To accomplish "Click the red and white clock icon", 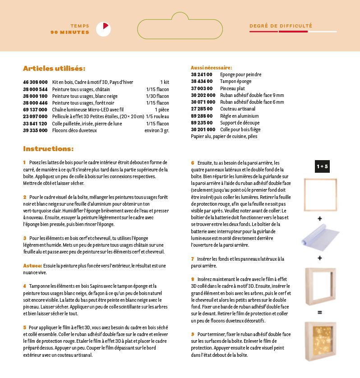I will [103, 29].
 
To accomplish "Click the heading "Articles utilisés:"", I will [54, 69].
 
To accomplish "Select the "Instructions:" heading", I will [48, 148].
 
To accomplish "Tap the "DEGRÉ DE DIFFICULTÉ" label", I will [281, 26].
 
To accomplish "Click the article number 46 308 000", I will [35, 82].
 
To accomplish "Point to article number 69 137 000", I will [35, 110].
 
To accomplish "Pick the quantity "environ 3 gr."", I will [157, 130].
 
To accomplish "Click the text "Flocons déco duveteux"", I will [74, 130].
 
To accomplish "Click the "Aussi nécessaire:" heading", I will [211, 68].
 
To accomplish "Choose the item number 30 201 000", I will [203, 129].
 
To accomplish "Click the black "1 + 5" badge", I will [322, 166].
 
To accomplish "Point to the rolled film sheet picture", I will [320, 238].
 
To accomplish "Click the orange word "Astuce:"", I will [32, 266].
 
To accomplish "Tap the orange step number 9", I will [192, 334].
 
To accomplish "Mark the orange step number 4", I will [25, 286].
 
